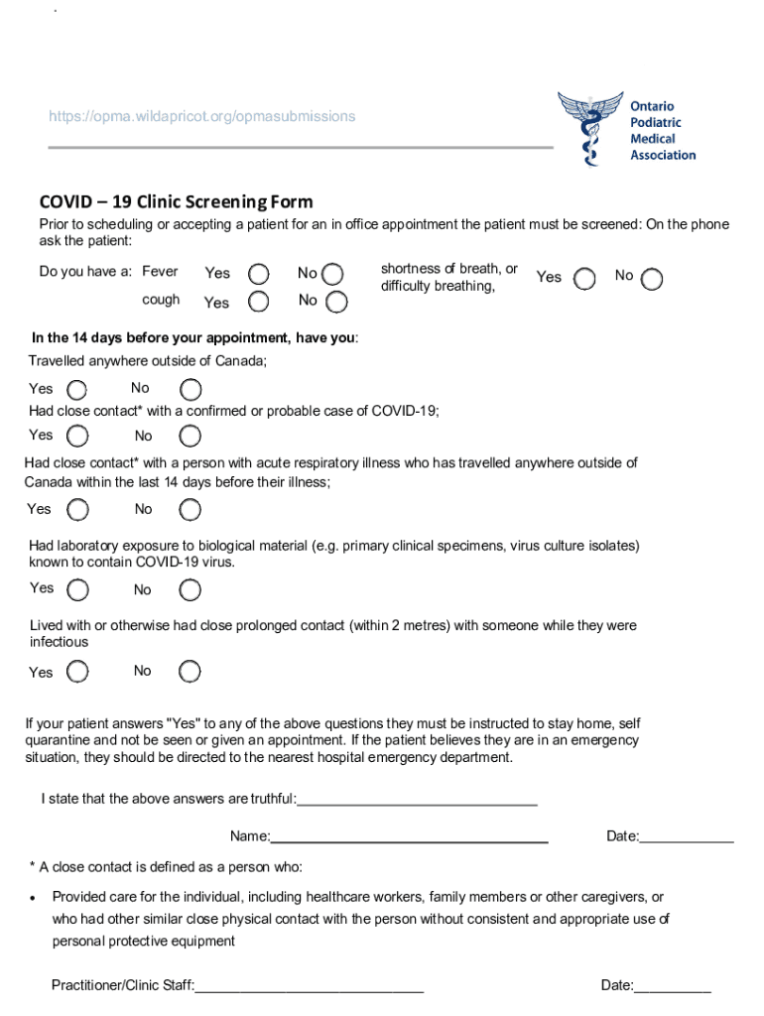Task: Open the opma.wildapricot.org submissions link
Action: (x=201, y=117)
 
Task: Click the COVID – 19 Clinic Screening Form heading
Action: (x=176, y=202)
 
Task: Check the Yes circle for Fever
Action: (x=258, y=274)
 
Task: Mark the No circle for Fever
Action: (x=333, y=274)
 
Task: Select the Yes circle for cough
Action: (x=258, y=302)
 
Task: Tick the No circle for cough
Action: (x=336, y=302)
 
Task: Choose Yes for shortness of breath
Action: (x=584, y=279)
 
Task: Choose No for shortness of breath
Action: (x=652, y=279)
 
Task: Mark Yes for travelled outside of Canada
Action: (x=77, y=390)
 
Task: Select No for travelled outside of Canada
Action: (x=191, y=390)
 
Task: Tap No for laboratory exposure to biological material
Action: (x=191, y=590)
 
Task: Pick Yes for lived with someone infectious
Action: (x=77, y=673)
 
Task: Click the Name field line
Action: (x=409, y=838)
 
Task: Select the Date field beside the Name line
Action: (x=687, y=838)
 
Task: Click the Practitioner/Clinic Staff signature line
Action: (x=310, y=987)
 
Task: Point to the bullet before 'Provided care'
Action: (x=35, y=898)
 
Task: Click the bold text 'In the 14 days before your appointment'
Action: (x=194, y=338)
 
